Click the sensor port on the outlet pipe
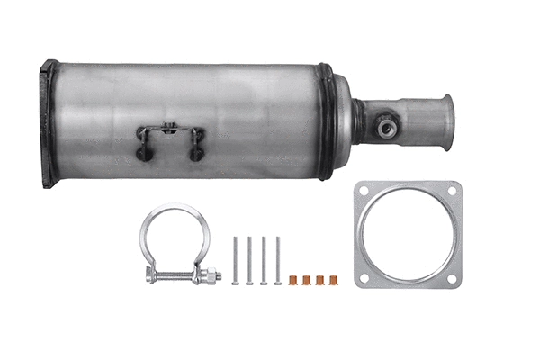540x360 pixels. [388, 128]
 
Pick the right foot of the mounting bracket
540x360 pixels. [195, 153]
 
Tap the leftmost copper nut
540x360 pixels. [293, 280]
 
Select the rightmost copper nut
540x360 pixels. [335, 280]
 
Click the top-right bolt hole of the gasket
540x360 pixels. [452, 191]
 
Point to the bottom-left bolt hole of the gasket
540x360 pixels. [364, 278]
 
